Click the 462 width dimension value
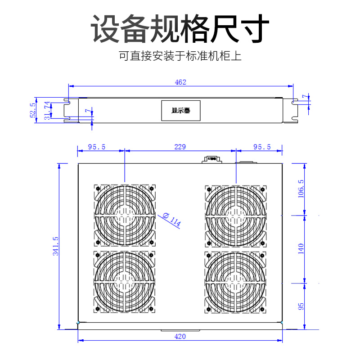(180, 82)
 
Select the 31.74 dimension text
(47, 110)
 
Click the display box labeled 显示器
(180, 110)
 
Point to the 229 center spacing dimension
(180, 147)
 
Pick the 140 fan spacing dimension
(301, 248)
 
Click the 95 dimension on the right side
(301, 306)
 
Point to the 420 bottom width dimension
(180, 336)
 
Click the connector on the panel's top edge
(211, 159)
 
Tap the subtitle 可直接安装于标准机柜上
(180, 57)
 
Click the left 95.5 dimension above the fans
(97, 147)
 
